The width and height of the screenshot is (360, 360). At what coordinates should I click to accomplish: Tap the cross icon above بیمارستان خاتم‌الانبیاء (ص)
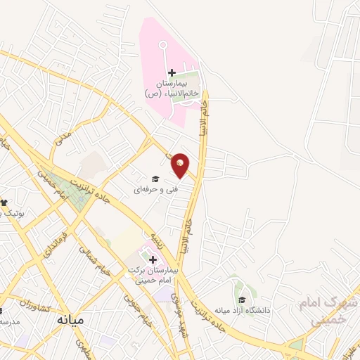pos(172,72)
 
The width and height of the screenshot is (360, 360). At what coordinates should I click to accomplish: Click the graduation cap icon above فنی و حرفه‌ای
pos(155,179)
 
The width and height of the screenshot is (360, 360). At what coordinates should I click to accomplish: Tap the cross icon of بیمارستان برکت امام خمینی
pos(153,259)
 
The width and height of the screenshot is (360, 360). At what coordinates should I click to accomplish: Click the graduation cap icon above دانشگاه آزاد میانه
pos(242,300)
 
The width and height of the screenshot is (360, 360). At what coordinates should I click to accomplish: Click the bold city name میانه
pos(70,321)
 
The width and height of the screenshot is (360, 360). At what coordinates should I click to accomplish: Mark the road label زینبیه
pos(159,238)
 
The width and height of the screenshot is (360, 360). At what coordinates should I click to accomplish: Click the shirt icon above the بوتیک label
pos(4,202)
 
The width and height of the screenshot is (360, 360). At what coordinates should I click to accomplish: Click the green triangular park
pos(70,190)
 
